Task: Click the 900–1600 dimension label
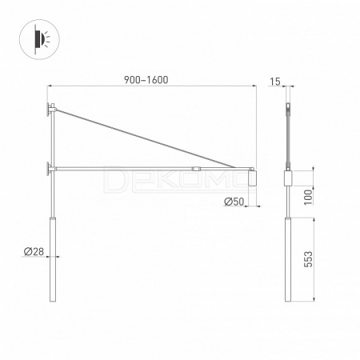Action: pyautogui.click(x=146, y=80)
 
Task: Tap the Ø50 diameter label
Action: pyautogui.click(x=234, y=202)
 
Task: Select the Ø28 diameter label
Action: pyautogui.click(x=34, y=251)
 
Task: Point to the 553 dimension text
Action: pyautogui.click(x=308, y=259)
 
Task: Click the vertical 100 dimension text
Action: pyautogui.click(x=308, y=198)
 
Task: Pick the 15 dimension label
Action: pyautogui.click(x=275, y=82)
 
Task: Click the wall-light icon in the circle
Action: pyautogui.click(x=40, y=39)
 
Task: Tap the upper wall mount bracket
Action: pyautogui.click(x=50, y=110)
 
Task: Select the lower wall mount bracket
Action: pyautogui.click(x=50, y=169)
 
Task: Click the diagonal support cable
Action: pyautogui.click(x=146, y=138)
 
